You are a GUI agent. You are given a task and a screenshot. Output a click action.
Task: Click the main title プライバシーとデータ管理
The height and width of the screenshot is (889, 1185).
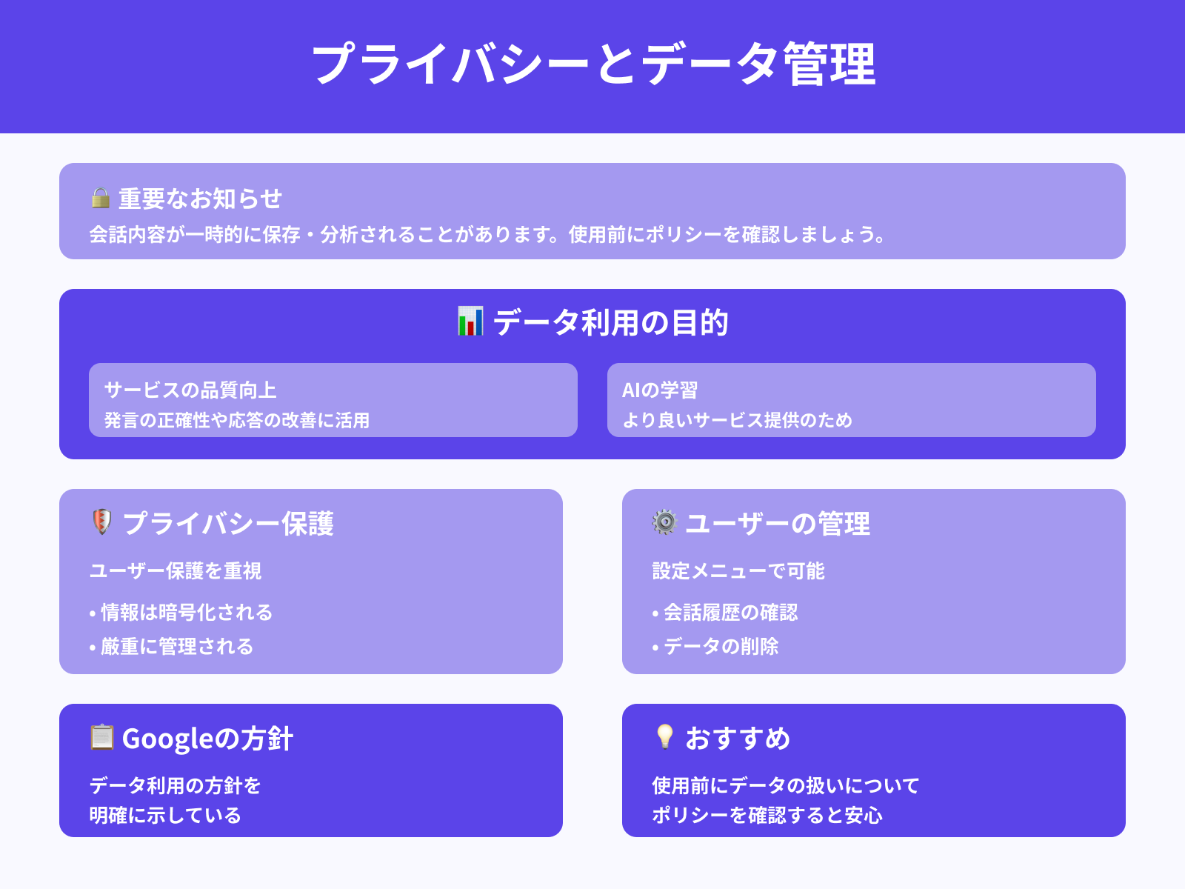592,64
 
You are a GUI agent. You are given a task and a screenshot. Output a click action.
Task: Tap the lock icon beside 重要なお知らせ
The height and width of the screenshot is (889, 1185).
100,198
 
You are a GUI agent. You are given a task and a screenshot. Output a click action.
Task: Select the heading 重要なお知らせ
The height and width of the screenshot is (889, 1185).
200,199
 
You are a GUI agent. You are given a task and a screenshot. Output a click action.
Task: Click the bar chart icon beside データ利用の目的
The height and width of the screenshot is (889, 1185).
470,322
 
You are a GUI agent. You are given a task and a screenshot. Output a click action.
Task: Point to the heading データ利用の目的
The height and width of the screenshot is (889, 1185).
610,323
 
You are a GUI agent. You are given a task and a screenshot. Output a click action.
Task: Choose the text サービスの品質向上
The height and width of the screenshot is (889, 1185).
190,390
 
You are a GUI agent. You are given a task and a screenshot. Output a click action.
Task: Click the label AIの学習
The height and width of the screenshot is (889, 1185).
660,390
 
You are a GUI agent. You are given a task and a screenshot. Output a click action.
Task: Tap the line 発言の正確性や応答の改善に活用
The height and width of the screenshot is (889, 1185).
237,420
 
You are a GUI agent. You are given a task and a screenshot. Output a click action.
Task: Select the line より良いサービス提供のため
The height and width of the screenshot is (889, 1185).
738,420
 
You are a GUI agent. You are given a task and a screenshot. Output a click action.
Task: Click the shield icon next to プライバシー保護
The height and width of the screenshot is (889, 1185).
101,522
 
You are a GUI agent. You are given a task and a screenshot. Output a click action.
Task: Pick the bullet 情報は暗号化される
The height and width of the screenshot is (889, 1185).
186,612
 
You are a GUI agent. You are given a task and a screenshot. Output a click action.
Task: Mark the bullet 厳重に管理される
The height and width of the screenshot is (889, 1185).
176,646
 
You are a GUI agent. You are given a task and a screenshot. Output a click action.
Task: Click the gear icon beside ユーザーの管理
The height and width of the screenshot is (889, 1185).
664,522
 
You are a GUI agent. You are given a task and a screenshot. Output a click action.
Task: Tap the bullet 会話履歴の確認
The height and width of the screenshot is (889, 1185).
730,612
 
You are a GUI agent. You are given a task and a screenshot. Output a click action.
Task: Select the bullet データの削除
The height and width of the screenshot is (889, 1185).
721,646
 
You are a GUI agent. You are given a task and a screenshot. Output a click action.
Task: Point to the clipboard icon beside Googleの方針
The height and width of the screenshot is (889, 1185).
101,737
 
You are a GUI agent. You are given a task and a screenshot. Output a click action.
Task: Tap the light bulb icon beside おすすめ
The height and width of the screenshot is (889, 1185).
664,736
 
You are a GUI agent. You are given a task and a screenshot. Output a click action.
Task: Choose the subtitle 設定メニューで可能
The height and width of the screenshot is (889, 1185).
738,570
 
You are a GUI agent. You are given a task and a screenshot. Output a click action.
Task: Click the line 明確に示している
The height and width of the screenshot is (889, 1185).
165,815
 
